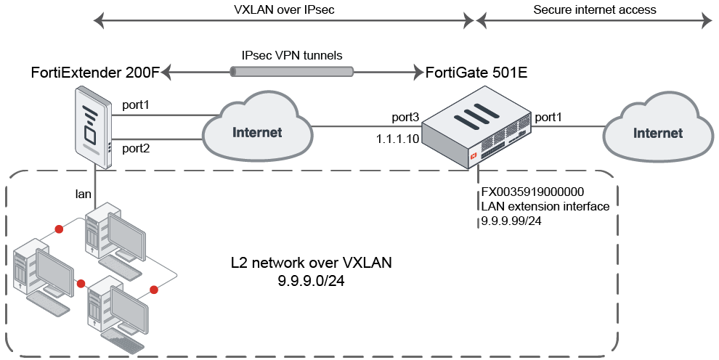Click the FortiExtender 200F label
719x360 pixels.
(95, 73)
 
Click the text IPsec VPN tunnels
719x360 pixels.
(292, 55)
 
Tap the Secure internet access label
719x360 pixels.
(594, 9)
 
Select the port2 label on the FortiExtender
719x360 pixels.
(135, 149)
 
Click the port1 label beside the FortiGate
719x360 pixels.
(548, 117)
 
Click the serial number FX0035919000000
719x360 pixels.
(534, 193)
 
